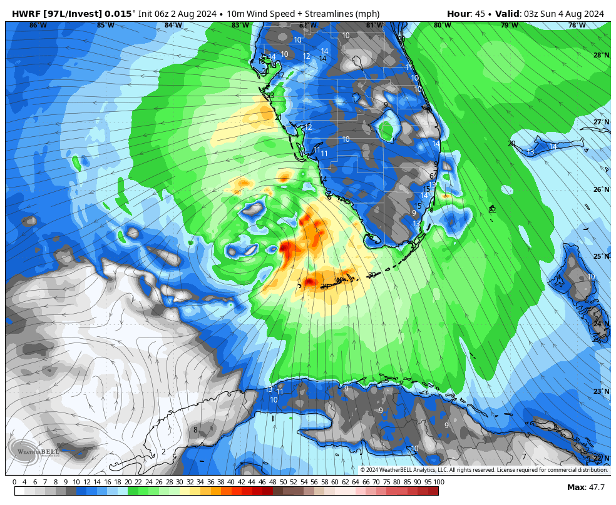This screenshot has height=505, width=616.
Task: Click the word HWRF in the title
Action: point(27,14)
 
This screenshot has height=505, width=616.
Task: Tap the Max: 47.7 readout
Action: point(585,487)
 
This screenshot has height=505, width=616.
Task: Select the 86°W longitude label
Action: point(38,25)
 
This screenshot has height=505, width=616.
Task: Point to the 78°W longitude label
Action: point(577,25)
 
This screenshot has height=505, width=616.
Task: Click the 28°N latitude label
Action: point(601,55)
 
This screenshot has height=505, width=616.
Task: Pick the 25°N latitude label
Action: point(601,256)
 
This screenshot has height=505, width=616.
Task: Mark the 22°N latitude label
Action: point(601,458)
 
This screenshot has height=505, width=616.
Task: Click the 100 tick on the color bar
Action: point(438,482)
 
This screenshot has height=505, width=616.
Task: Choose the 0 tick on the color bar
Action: point(14,482)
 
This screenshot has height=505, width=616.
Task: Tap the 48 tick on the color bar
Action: point(272,482)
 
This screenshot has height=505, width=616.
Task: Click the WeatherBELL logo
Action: point(34,450)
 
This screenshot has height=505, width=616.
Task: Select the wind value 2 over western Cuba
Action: point(163,451)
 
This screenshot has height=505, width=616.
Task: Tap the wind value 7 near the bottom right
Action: point(524,457)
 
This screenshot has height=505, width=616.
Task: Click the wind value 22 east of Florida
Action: point(492,209)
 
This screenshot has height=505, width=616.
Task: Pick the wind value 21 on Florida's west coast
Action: point(278,117)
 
